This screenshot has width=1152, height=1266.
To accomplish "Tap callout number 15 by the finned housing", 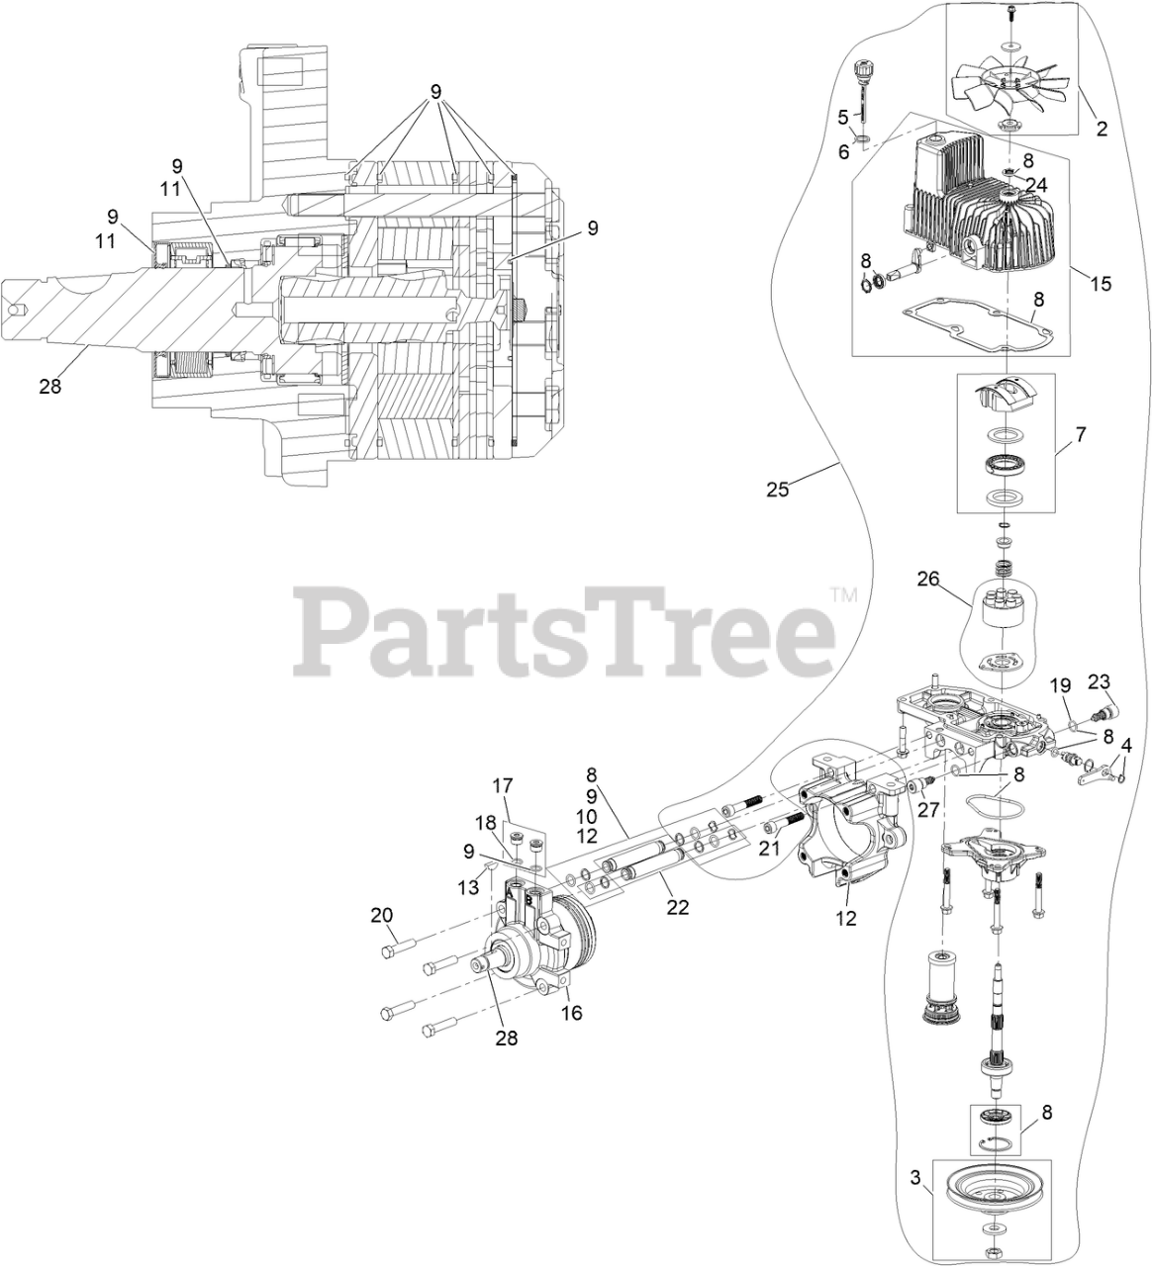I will coord(1101,284).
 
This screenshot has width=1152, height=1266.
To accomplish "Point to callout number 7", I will coord(1080,434).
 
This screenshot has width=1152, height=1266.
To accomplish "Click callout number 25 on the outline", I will coord(778,489).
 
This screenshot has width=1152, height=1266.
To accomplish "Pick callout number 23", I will coord(1100,680).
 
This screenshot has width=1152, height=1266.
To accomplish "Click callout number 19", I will coord(1060,684).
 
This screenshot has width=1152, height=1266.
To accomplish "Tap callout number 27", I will coord(926,809).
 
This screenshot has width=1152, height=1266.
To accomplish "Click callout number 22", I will coord(677,907).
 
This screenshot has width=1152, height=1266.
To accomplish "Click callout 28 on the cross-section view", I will coord(50,387).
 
